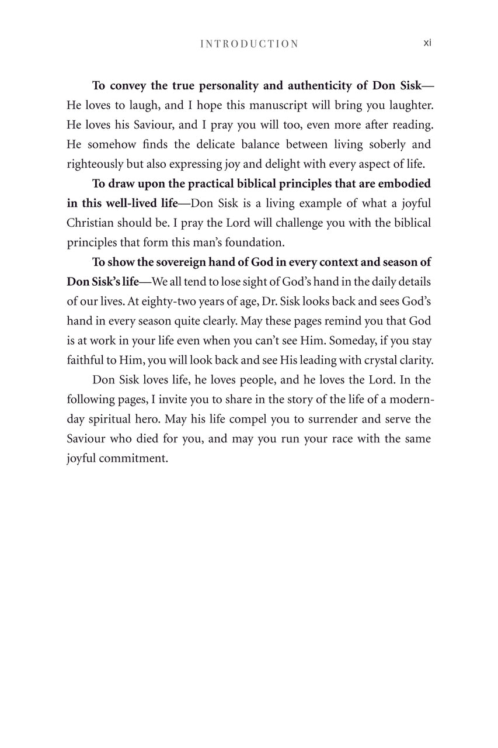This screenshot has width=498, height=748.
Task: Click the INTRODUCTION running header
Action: tap(249, 44)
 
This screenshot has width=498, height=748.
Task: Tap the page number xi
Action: tap(427, 43)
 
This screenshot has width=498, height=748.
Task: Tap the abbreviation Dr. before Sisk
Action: tap(275, 302)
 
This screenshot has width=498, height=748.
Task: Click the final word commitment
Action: tap(133, 459)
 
